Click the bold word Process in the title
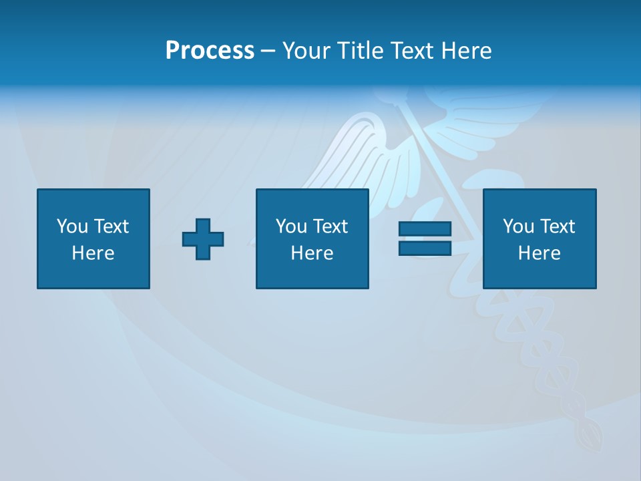(210, 51)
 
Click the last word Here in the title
(468, 51)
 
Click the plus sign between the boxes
(203, 239)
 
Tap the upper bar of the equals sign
(425, 229)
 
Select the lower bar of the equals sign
(425, 248)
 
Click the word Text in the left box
(111, 226)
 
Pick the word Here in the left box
(93, 253)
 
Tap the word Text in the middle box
(330, 226)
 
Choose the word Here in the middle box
(312, 253)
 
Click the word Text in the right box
(557, 226)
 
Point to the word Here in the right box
(539, 253)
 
